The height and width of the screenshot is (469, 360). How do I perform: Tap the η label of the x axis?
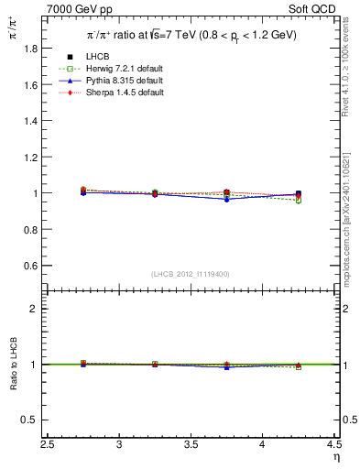[335, 457]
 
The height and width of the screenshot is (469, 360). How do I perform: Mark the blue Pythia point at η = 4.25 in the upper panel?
[299, 194]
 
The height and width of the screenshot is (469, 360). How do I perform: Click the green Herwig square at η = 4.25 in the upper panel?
[299, 200]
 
